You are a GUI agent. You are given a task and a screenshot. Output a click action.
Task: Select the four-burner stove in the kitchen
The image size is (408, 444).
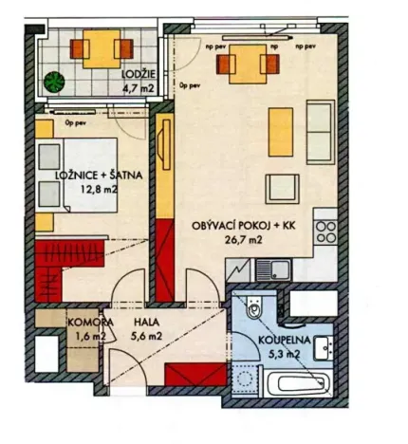tap(325, 232)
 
